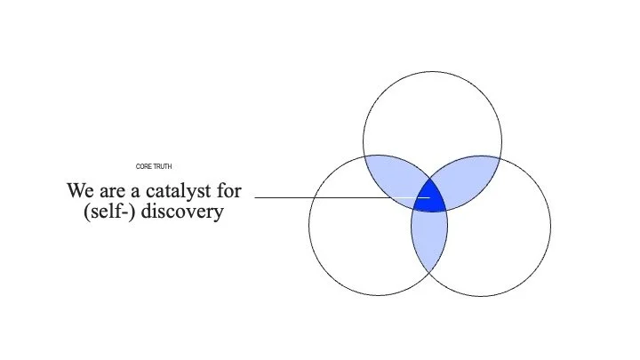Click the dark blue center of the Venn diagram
tap(430, 197)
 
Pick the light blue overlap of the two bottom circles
tap(429, 238)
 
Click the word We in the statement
tap(79, 190)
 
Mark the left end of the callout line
tap(257, 197)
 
